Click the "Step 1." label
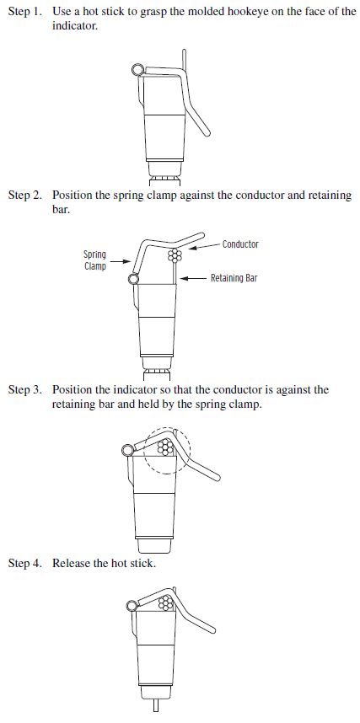[x=24, y=12]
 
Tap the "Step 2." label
[x=24, y=195]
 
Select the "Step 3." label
[x=24, y=389]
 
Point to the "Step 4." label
[x=24, y=563]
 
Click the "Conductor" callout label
[x=240, y=244]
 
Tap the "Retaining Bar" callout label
[x=234, y=278]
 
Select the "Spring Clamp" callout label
[x=94, y=260]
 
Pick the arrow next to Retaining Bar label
[x=193, y=278]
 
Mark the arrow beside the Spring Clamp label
[x=118, y=261]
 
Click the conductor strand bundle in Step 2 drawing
[x=175, y=255]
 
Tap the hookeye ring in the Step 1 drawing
[x=137, y=70]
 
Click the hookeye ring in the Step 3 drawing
[x=127, y=450]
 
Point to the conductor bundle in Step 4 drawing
[x=165, y=602]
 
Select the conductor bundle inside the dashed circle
[x=165, y=447]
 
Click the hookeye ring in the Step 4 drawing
[x=132, y=606]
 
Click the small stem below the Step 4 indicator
[x=154, y=706]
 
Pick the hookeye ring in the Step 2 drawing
[x=133, y=279]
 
